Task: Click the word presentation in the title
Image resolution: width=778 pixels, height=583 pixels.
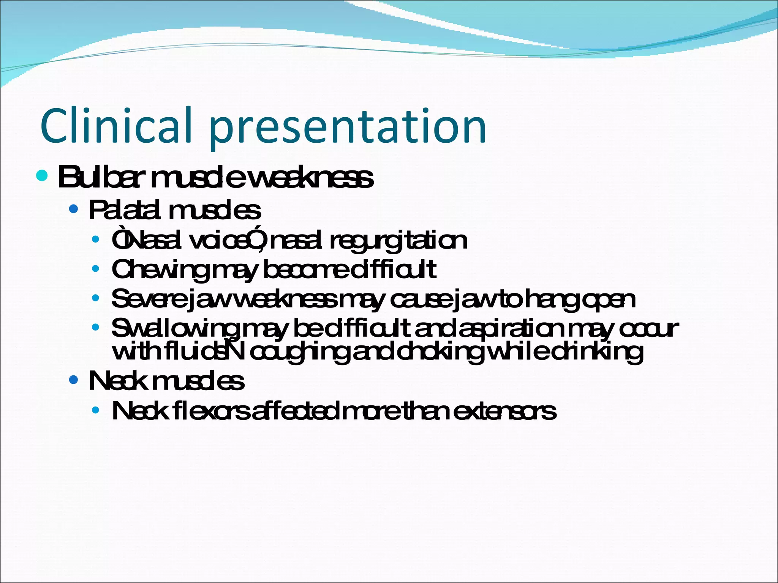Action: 348,127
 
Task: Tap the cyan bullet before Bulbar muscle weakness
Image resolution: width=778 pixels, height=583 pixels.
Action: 42,175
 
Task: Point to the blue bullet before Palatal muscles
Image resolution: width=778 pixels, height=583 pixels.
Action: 74,209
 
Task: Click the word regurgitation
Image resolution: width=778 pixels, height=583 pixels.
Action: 398,241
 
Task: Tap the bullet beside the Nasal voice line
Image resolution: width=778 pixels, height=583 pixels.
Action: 96,240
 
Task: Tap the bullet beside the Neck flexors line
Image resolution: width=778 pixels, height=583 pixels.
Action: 96,410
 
